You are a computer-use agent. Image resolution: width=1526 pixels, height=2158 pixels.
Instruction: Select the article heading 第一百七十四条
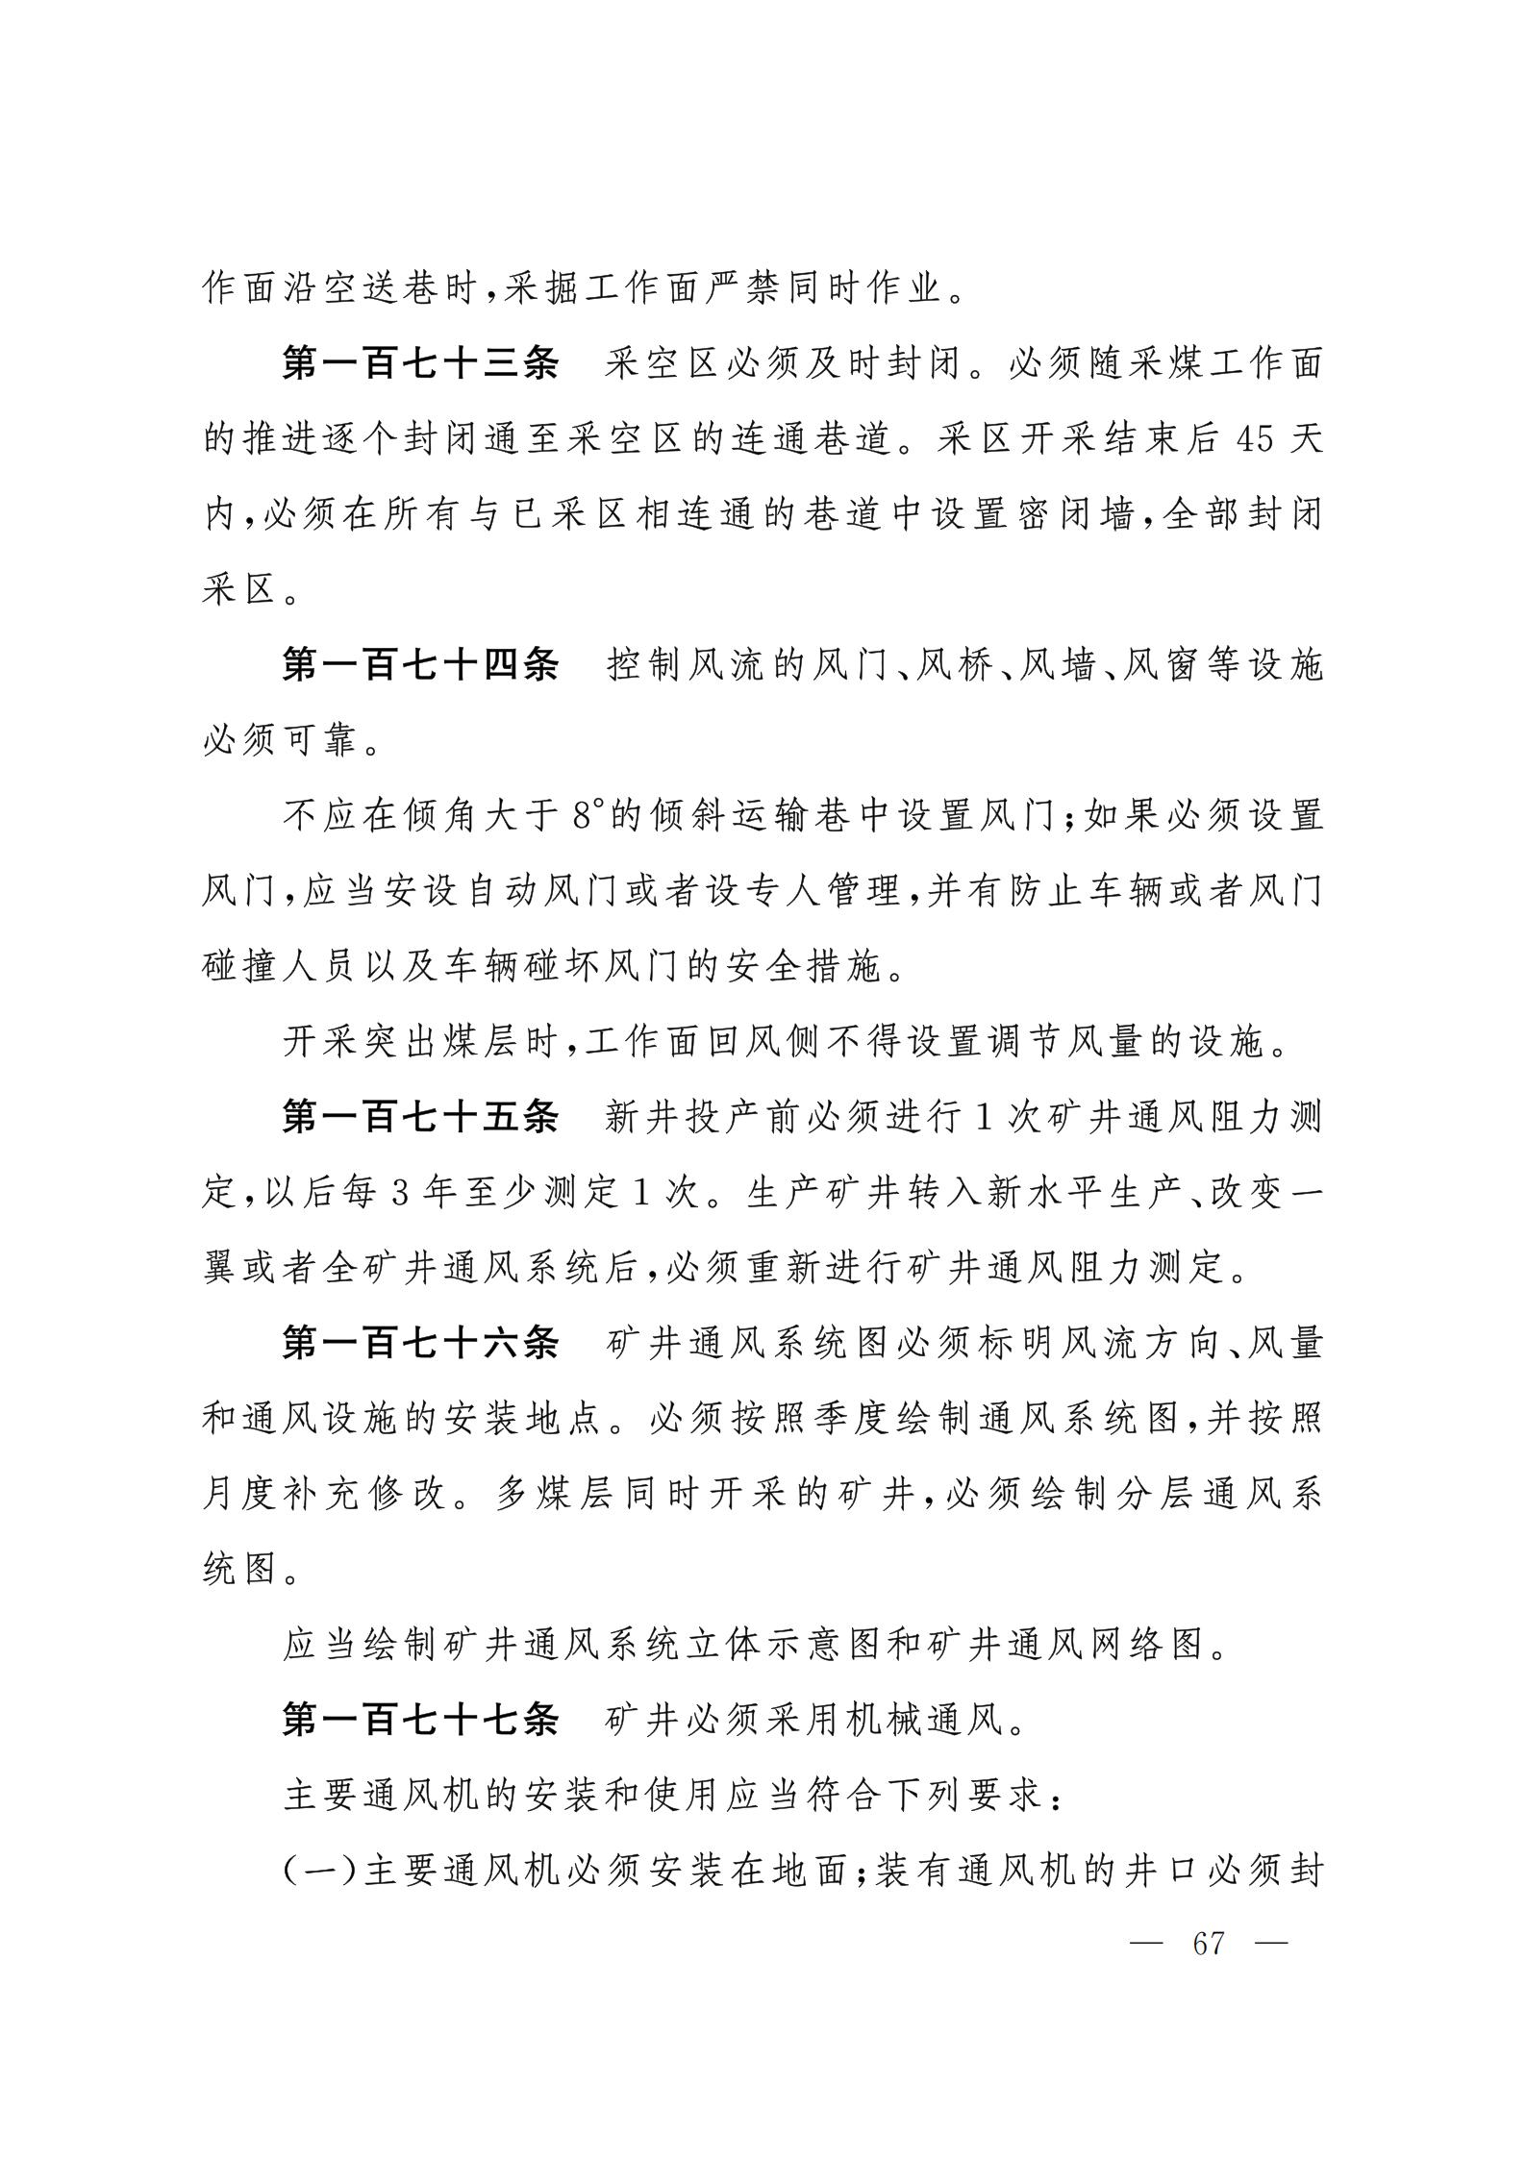tap(419, 665)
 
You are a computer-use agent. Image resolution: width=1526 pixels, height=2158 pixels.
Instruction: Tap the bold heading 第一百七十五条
tap(419, 1117)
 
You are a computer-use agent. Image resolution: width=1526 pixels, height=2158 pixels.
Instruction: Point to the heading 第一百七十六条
tap(419, 1343)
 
